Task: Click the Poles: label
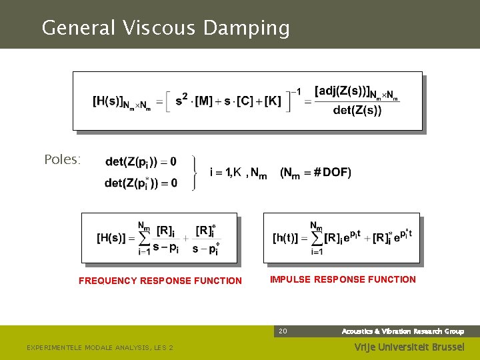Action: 62,160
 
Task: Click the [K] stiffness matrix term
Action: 273,102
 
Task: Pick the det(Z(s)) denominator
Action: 357,111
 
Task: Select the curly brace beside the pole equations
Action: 194,173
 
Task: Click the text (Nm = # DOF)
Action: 315,173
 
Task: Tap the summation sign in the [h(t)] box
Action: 316,238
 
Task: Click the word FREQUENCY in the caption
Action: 108,281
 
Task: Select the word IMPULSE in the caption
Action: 290,279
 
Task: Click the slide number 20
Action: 283,331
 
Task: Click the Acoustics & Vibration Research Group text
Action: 403,331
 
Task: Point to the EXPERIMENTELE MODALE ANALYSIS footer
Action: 99,347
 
